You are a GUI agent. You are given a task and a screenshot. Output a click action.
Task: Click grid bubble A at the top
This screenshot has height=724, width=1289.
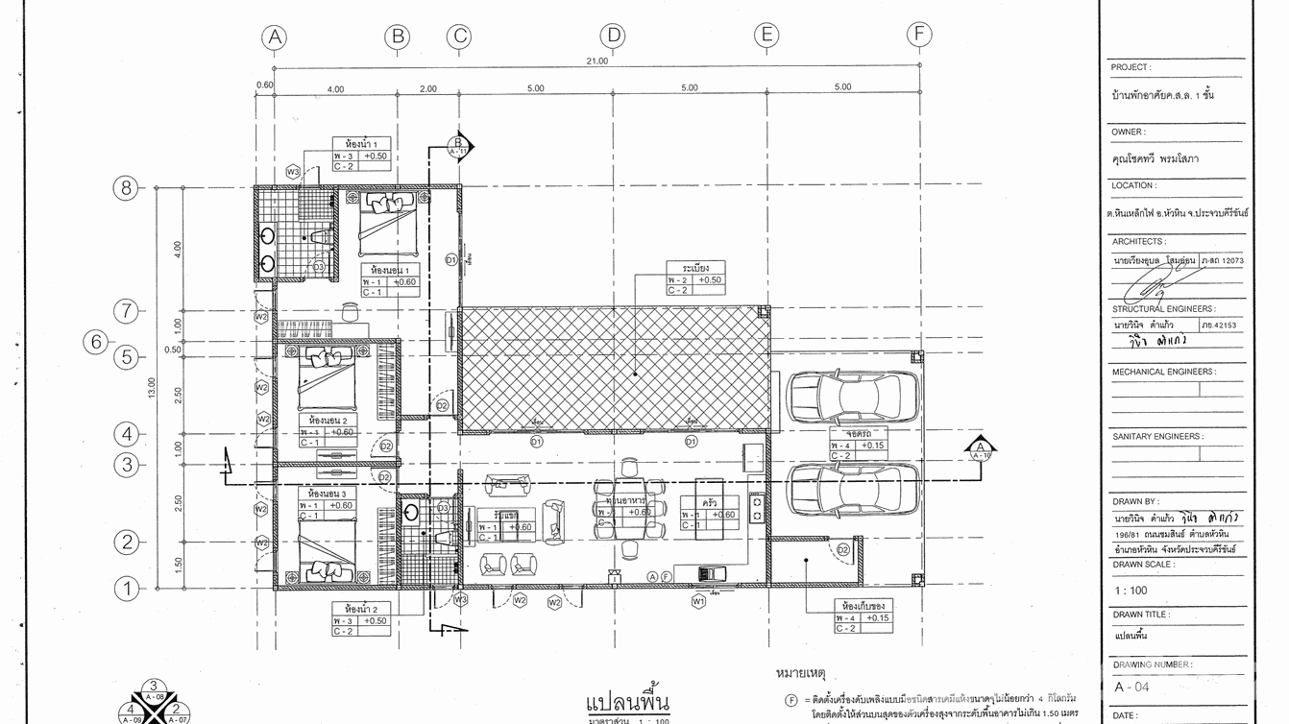pyautogui.click(x=275, y=37)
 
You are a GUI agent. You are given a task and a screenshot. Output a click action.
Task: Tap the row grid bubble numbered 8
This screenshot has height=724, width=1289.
pyautogui.click(x=126, y=187)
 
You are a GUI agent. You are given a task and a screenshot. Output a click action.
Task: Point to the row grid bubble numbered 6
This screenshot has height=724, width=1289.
pyautogui.click(x=95, y=342)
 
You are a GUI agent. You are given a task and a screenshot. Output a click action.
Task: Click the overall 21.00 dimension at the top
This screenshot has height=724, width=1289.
pyautogui.click(x=596, y=60)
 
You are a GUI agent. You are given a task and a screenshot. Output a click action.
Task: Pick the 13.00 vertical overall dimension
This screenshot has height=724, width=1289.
pyautogui.click(x=151, y=387)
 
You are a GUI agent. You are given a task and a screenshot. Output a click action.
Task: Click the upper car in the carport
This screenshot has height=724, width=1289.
pyautogui.click(x=852, y=394)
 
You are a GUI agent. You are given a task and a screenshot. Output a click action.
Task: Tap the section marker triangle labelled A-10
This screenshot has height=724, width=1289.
pyautogui.click(x=980, y=449)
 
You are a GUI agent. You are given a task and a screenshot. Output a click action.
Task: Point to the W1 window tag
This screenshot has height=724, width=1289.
pyautogui.click(x=698, y=602)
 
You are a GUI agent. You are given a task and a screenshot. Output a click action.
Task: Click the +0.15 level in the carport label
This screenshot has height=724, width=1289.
pyautogui.click(x=872, y=445)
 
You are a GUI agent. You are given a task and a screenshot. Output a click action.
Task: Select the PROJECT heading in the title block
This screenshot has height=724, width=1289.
pyautogui.click(x=1131, y=67)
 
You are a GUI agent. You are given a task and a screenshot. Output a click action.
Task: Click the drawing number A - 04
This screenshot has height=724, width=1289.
pyautogui.click(x=1131, y=687)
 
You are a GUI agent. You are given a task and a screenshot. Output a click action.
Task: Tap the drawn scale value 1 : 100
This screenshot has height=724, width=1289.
pyautogui.click(x=1131, y=591)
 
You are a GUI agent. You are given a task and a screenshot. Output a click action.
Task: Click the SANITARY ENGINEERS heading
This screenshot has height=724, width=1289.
pyautogui.click(x=1156, y=436)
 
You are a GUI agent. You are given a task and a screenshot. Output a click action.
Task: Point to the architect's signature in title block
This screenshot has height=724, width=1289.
pyautogui.click(x=1153, y=285)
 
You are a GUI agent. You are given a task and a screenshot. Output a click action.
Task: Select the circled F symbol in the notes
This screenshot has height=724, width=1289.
pyautogui.click(x=790, y=700)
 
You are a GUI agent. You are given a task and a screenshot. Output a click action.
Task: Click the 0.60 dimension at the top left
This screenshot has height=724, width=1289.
pyautogui.click(x=264, y=84)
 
